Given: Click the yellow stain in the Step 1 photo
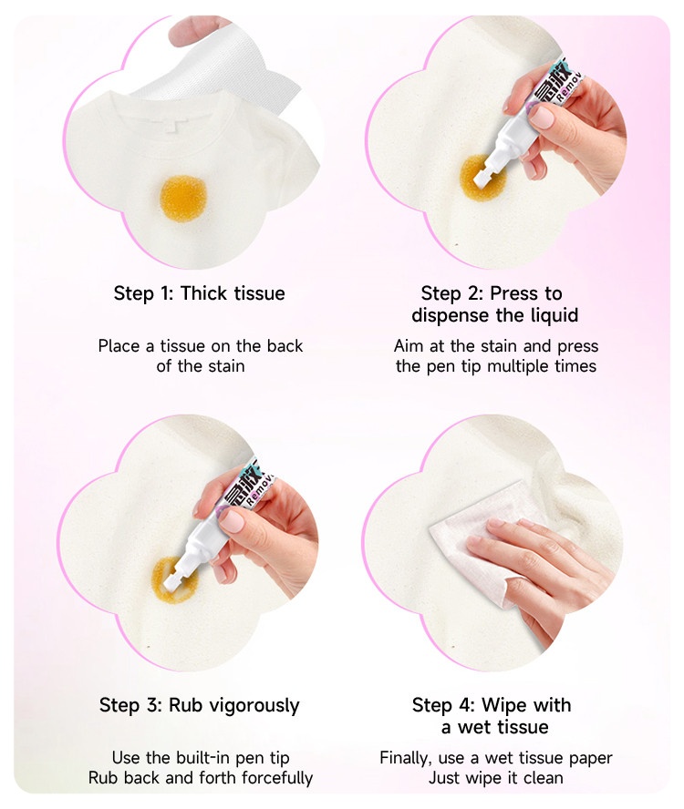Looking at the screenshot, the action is tap(183, 198).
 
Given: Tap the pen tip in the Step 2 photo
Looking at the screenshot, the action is tap(482, 176).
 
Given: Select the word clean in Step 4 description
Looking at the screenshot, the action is tap(543, 777).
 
